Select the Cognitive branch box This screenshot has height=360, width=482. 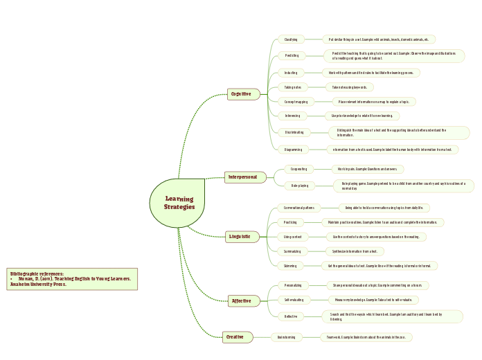click(243, 93)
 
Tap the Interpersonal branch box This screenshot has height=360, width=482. click(245, 177)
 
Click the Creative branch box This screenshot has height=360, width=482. click(236, 337)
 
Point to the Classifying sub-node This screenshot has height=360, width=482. click(291, 39)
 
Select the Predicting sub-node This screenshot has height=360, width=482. click(291, 55)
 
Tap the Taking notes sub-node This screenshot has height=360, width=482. click(292, 87)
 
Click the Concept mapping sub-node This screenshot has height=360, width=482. click(296, 102)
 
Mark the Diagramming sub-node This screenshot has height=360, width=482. click(293, 149)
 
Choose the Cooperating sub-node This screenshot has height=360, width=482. click(298, 169)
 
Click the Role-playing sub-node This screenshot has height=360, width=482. click(299, 186)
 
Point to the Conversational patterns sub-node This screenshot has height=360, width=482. click(299, 208)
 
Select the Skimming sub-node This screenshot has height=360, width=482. click(292, 265)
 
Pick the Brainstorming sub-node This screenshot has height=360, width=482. click(286, 337)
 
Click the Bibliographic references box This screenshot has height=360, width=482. click(72, 279)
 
